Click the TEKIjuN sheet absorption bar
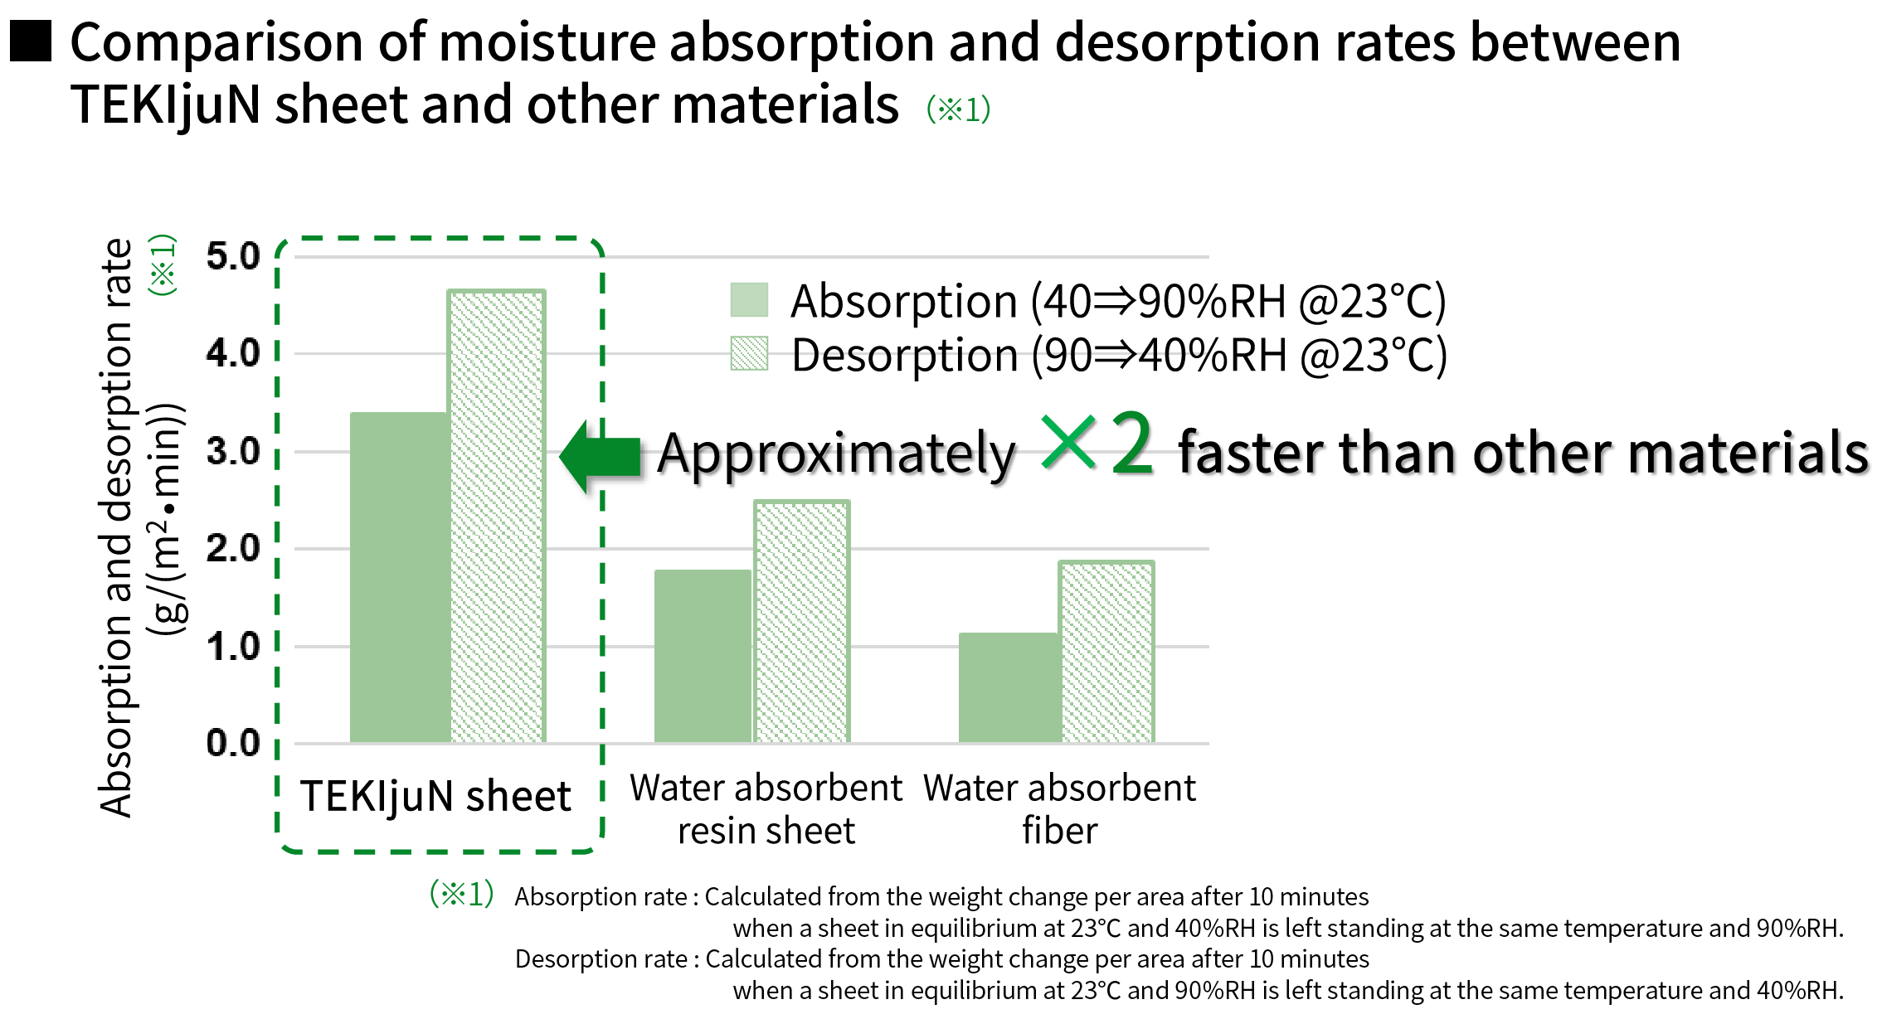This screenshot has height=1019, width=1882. click(400, 577)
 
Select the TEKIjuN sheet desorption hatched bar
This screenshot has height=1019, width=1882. click(497, 516)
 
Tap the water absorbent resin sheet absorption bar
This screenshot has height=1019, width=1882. click(703, 656)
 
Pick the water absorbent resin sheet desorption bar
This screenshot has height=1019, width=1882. click(802, 621)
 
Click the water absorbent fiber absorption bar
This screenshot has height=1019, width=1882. click(1009, 687)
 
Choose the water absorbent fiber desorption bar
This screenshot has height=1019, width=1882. click(1106, 652)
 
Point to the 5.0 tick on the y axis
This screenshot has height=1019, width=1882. click(233, 256)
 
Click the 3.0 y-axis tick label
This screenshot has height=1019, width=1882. click(233, 452)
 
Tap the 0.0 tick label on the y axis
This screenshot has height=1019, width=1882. click(233, 743)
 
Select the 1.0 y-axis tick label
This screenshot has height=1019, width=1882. click(233, 647)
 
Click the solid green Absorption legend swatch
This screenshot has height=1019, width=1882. click(749, 300)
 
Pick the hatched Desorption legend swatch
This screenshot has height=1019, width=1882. click(749, 353)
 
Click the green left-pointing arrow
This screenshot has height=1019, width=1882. click(601, 456)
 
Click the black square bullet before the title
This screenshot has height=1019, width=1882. click(31, 41)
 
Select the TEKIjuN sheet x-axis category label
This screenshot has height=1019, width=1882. click(435, 796)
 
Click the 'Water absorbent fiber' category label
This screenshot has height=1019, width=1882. click(1059, 809)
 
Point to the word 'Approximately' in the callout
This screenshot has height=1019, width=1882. click(836, 454)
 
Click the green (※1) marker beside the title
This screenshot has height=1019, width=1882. click(958, 109)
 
